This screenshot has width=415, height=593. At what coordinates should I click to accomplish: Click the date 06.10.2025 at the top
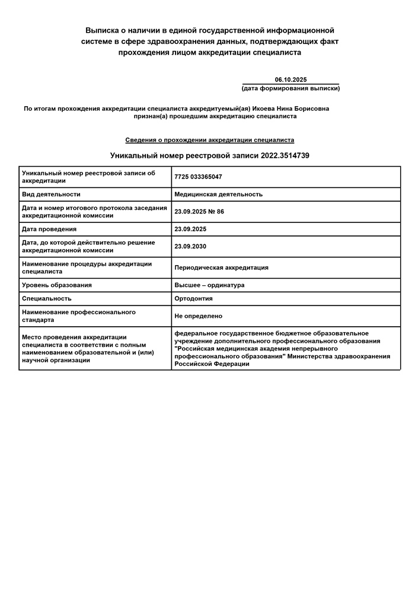pos(290,79)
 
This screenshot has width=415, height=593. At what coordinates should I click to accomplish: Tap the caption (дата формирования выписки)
pos(290,88)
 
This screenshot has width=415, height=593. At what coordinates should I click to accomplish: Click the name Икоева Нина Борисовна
pos(290,109)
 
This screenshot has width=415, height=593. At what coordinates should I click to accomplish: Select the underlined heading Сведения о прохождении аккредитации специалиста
pos(209,140)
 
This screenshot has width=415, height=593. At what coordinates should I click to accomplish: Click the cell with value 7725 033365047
pos(198,177)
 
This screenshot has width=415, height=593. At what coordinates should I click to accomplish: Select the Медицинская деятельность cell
pos(218,194)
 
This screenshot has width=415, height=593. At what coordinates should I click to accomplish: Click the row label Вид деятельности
pos(51,194)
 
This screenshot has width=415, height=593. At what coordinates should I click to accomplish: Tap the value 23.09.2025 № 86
pos(199,212)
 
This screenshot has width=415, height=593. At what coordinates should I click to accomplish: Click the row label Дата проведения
pos(49,229)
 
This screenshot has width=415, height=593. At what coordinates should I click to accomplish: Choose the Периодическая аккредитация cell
pos(221,267)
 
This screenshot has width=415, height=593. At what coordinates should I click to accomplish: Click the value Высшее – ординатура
pos(209,285)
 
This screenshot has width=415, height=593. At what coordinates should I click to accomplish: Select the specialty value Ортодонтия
pos(193,298)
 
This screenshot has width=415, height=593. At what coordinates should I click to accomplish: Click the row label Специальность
pos(47,298)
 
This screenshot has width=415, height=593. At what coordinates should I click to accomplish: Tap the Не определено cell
pos(199,316)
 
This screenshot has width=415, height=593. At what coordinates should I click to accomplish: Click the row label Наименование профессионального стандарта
pos(79,315)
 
